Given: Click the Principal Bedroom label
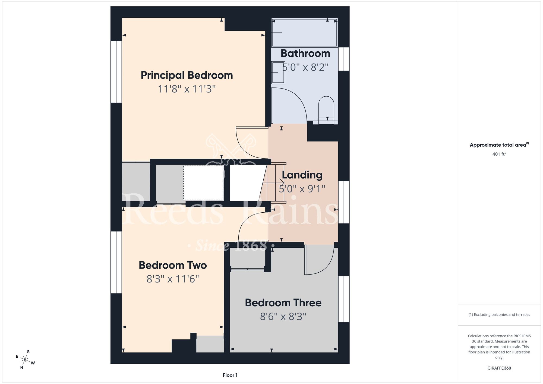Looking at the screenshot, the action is pyautogui.click(x=187, y=75).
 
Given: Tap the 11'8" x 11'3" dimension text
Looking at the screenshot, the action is pyautogui.click(x=187, y=89).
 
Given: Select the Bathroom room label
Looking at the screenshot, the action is pyautogui.click(x=305, y=53).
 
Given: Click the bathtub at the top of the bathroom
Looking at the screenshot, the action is pyautogui.click(x=305, y=33).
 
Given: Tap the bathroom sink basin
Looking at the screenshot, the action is pyautogui.click(x=278, y=73).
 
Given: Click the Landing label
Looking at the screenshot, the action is pyautogui.click(x=302, y=175).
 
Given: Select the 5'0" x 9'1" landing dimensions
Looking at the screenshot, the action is pyautogui.click(x=302, y=188).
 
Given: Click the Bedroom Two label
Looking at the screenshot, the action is pyautogui.click(x=173, y=265).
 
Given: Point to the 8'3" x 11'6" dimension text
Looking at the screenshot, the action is pyautogui.click(x=173, y=279).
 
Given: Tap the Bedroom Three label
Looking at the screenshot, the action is pyautogui.click(x=283, y=303).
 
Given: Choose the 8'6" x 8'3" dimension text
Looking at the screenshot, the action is pyautogui.click(x=283, y=316).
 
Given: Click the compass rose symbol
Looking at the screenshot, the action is pyautogui.click(x=25, y=360).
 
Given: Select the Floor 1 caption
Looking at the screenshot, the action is pyautogui.click(x=230, y=375).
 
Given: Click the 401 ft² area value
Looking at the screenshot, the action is pyautogui.click(x=499, y=154).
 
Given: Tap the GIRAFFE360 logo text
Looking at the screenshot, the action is pyautogui.click(x=499, y=368).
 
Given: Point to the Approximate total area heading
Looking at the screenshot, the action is pyautogui.click(x=499, y=145).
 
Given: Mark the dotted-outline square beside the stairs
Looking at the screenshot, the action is pyautogui.click(x=203, y=183).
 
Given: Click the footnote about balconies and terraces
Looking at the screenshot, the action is pyautogui.click(x=499, y=314).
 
